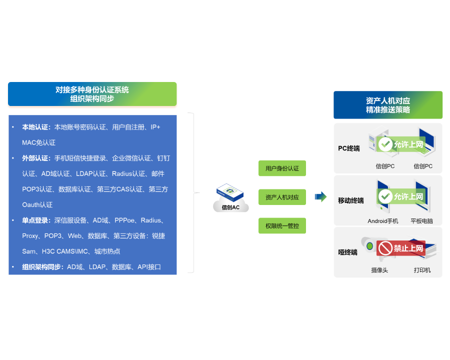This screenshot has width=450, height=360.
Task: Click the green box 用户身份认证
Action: [282, 168]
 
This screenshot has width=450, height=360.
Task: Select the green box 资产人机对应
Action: [282, 197]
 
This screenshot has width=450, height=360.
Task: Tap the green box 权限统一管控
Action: [282, 226]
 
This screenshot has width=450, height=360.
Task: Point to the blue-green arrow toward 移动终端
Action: [320, 196]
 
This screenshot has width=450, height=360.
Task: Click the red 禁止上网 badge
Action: [401, 248]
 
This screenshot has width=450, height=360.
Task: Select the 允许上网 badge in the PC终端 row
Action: [401, 144]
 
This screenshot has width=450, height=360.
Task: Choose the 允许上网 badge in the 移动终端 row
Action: [401, 196]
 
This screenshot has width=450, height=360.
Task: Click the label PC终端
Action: [349, 148]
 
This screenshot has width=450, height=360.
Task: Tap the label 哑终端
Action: [347, 252]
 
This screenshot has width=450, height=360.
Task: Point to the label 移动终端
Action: [351, 200]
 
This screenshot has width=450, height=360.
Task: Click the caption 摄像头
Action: [379, 270]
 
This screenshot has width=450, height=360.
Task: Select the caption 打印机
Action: [422, 270]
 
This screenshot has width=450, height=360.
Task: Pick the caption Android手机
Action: [383, 221]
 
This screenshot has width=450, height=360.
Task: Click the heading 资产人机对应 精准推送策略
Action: [388, 105]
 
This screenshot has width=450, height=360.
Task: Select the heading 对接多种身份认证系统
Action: [92, 90]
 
